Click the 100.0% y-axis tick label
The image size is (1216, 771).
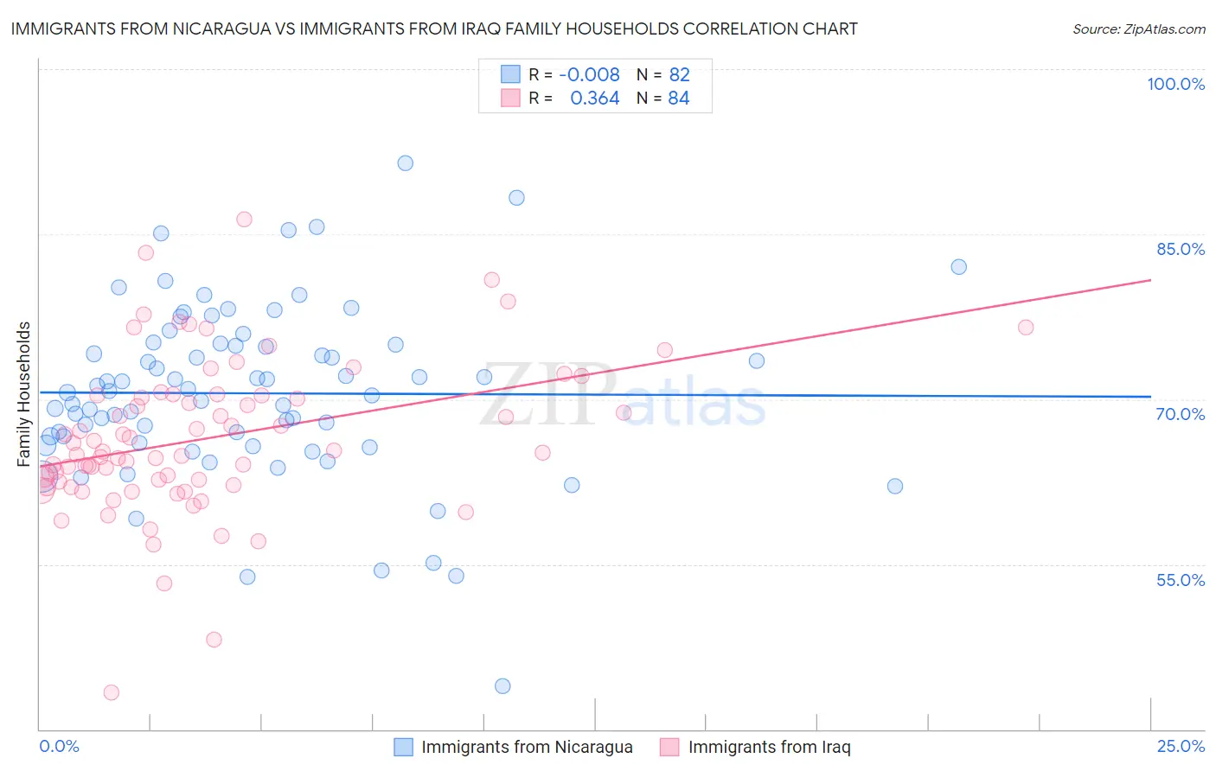(1175, 84)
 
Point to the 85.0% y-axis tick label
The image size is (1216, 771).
(1180, 249)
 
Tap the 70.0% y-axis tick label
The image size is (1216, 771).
(1180, 414)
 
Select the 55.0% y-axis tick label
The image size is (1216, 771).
(1180, 580)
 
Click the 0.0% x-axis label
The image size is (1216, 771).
(59, 746)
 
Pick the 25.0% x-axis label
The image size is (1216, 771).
(1181, 746)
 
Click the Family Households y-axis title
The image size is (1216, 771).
(24, 394)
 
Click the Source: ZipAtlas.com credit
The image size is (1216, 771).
(1138, 29)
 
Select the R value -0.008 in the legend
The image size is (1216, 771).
(589, 75)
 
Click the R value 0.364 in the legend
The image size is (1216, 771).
(594, 99)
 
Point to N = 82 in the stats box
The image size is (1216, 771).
(662, 75)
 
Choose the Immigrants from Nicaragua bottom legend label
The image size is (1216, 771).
(527, 748)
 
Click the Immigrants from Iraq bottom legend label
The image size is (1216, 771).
(769, 748)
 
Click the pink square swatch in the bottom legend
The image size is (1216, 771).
(669, 748)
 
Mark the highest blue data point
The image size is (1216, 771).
(405, 163)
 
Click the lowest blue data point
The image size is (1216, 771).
(502, 686)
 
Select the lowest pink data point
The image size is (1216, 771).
(111, 692)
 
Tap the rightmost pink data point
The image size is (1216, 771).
(1026, 327)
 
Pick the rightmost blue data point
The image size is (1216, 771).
(958, 267)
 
